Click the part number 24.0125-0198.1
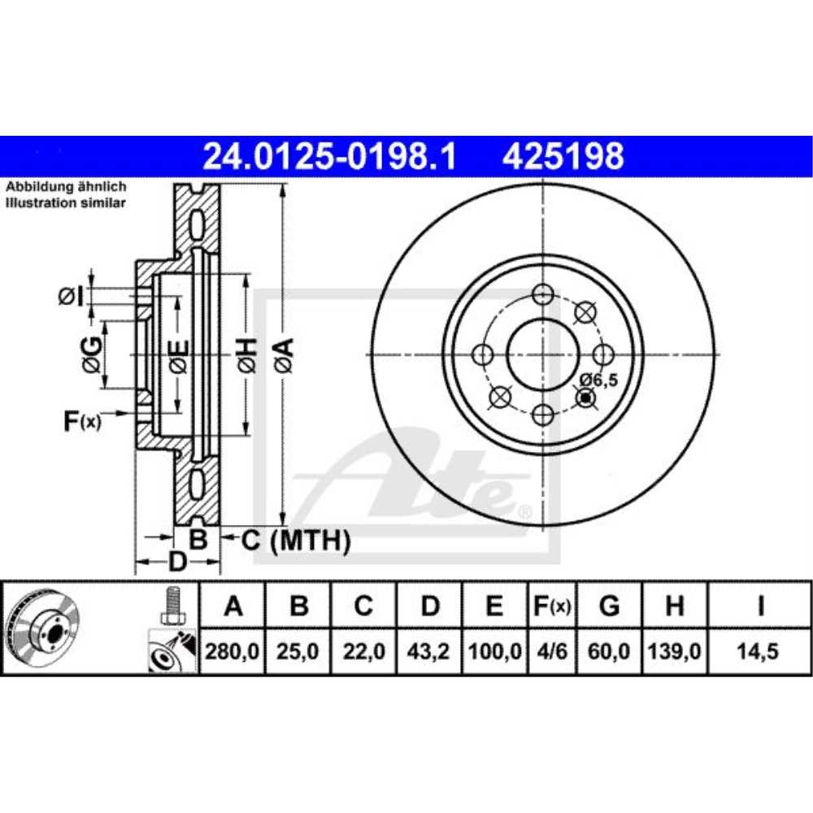(329, 156)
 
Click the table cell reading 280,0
(233, 652)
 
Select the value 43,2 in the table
(431, 652)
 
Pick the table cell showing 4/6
(551, 652)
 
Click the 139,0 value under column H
(675, 652)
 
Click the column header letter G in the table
(609, 606)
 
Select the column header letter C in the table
(363, 606)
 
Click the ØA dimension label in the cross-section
(284, 354)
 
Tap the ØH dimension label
(247, 354)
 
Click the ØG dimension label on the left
(93, 353)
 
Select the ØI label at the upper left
(72, 298)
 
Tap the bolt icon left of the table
(171, 606)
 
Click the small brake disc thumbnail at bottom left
(43, 626)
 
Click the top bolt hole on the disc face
(542, 295)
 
